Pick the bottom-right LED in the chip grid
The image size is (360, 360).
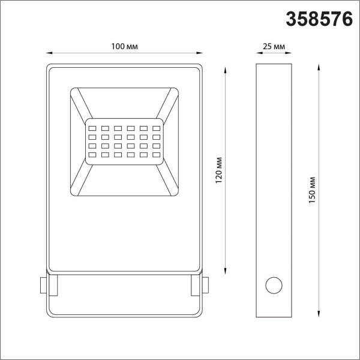pos(157,156)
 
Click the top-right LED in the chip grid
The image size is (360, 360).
pos(157,128)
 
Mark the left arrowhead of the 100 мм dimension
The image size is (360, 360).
pos(48,53)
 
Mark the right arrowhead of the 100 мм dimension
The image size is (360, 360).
pos(200,53)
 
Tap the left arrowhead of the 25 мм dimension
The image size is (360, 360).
pos(258,53)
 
